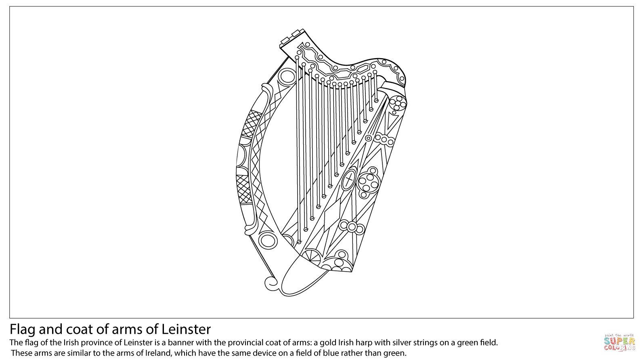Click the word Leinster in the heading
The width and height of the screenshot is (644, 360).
(186, 329)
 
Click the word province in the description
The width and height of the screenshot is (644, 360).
(96, 343)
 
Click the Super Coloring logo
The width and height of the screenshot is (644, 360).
(619, 342)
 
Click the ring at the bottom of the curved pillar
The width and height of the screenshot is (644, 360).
(267, 240)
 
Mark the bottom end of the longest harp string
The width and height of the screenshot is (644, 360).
(299, 242)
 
